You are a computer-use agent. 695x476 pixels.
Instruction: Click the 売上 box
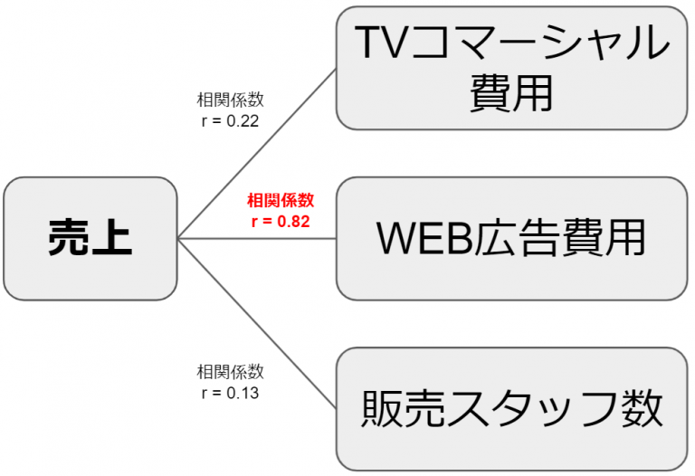point(89,239)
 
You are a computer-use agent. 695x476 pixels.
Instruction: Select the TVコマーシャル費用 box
point(511,67)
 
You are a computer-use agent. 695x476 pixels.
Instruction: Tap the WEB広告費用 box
point(511,238)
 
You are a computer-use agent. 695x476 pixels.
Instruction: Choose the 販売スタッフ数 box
point(511,409)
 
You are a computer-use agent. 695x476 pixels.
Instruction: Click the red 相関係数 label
point(280,199)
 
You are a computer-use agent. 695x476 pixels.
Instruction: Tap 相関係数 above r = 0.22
point(230,100)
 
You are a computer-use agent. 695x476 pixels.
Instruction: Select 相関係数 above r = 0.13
point(230,372)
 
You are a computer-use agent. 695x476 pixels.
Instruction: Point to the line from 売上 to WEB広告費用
point(258,239)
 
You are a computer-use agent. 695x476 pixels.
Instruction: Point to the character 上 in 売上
point(111,239)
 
